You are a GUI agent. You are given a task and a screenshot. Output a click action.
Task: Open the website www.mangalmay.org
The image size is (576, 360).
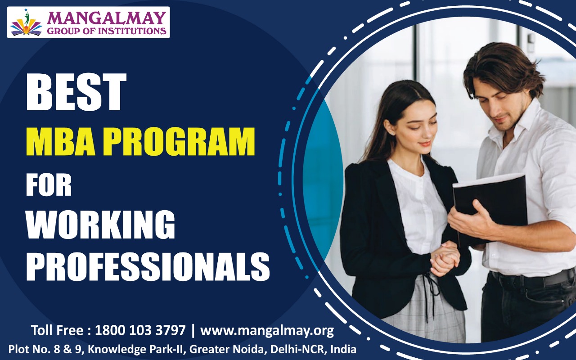(267, 331)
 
